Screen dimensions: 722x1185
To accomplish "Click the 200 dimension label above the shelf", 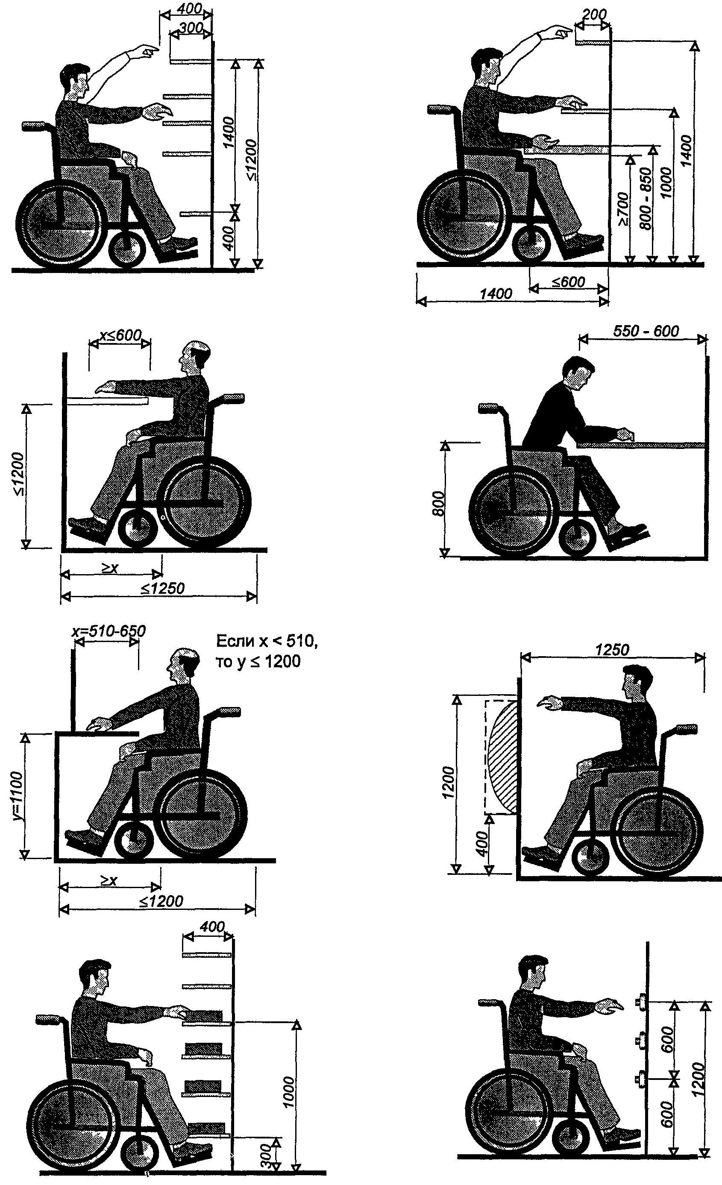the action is (594, 15).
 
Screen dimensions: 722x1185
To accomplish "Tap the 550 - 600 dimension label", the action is (646, 331).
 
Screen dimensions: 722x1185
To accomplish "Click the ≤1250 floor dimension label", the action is (162, 588).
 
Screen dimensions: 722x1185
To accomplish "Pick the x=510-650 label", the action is (109, 631).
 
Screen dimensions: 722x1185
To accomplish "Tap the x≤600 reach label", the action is (120, 335).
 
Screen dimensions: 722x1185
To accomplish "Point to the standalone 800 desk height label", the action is (438, 503).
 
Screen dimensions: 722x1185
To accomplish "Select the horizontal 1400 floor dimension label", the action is (496, 293).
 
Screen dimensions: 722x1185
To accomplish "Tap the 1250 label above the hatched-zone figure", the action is (612, 650).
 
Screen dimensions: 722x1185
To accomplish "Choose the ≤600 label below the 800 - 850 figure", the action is (568, 282).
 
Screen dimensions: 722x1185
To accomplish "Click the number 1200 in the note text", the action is (283, 662).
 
